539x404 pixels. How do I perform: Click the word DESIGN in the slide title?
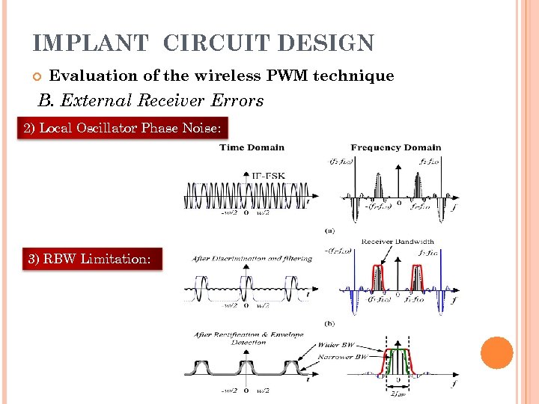tap(325, 43)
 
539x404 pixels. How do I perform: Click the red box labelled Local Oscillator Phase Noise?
tap(122, 129)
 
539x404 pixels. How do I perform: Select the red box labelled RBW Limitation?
tap(90, 259)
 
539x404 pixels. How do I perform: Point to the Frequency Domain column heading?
tap(395, 148)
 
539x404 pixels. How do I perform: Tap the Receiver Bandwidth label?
tap(397, 242)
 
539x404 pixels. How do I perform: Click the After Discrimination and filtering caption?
tap(252, 258)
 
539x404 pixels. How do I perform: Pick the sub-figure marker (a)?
tap(329, 230)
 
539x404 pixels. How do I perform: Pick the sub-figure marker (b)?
tap(329, 323)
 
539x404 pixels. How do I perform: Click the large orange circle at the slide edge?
tap(496, 352)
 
